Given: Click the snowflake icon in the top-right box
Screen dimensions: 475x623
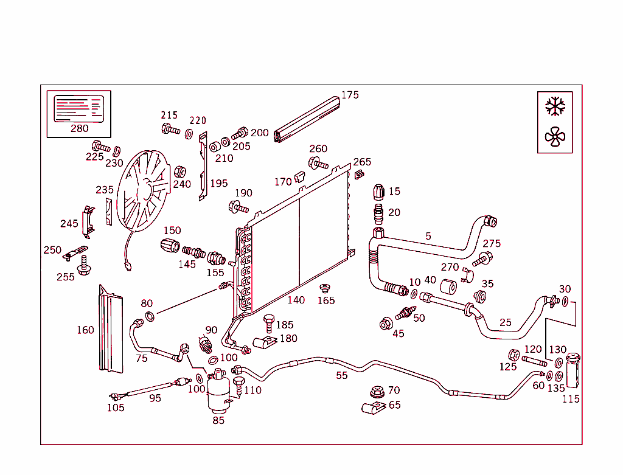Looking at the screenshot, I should tap(554, 106).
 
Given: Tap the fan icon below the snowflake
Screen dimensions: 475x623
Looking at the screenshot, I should tap(554, 137).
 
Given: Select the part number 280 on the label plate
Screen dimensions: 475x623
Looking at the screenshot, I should tap(79, 128).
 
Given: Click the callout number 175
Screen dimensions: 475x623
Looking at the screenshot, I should tap(350, 95).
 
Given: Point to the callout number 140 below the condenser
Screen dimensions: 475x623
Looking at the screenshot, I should tap(296, 300).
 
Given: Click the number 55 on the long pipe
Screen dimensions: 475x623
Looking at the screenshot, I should tap(342, 376).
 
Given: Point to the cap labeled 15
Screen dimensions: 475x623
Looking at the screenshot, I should tap(378, 192).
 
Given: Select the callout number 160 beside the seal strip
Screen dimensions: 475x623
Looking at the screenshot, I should tap(85, 330).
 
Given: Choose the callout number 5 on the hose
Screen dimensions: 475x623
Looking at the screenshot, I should tap(428, 236).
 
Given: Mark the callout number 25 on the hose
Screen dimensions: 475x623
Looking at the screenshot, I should tap(505, 322).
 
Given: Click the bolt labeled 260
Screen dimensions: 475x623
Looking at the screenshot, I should tap(317, 163).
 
